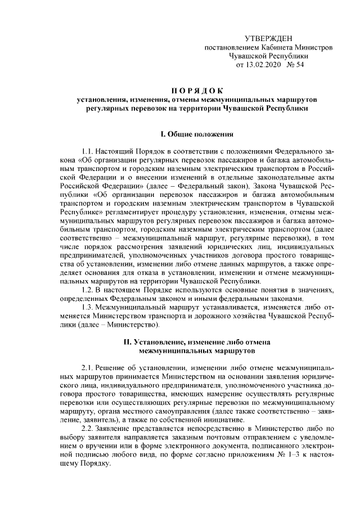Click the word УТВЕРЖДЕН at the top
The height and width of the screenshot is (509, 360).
(269, 38)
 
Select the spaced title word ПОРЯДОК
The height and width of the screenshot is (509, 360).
(196, 90)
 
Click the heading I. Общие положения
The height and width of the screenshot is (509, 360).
(196, 134)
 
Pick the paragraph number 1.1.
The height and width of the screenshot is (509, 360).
(88, 152)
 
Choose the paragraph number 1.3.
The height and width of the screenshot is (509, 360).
(88, 308)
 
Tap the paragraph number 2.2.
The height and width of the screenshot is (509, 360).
(88, 428)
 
